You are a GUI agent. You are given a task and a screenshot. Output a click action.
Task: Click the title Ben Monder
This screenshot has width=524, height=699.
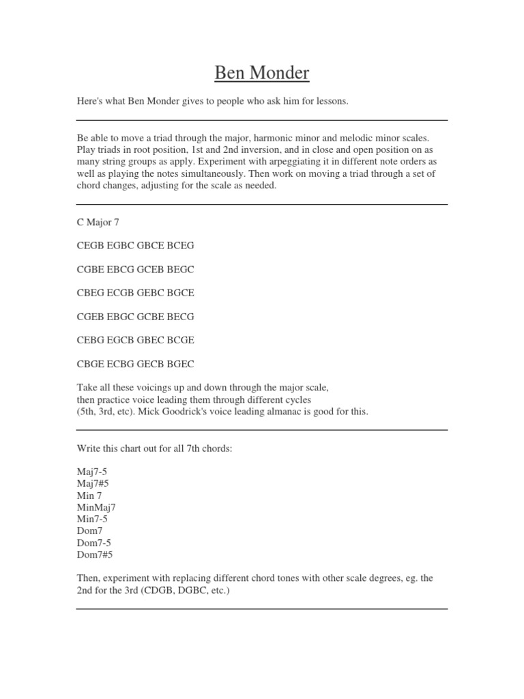(262, 72)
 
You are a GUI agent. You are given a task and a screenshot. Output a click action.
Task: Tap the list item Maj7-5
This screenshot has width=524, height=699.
(93, 471)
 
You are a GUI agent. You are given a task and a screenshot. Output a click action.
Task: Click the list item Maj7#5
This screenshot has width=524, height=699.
(93, 483)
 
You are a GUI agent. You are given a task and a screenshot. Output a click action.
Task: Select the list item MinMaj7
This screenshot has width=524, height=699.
(96, 507)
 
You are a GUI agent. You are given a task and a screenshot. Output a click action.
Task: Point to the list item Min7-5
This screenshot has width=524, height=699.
(93, 519)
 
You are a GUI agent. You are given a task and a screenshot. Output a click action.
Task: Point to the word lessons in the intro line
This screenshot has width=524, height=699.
(330, 102)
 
